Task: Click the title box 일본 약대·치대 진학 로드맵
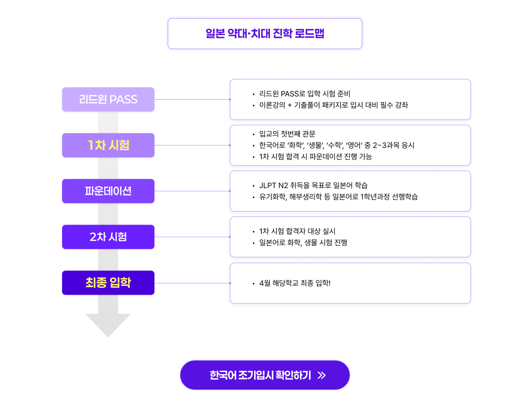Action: [x=265, y=33]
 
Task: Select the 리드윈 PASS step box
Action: [x=108, y=100]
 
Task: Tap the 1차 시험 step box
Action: [x=108, y=145]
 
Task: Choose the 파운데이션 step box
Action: [x=108, y=191]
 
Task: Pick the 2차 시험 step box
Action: [x=108, y=237]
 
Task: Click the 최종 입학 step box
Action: [x=108, y=283]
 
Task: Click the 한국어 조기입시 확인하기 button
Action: [x=265, y=375]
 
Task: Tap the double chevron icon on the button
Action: [x=321, y=375]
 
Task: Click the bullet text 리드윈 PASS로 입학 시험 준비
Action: [x=304, y=94]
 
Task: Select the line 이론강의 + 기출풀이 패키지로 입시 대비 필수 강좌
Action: [x=333, y=105]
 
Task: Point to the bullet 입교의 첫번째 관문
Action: [x=287, y=134]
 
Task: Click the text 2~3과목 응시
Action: [x=393, y=145]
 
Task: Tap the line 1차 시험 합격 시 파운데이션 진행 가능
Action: [x=315, y=156]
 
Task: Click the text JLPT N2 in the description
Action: [x=273, y=185]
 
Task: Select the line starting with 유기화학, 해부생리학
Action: [x=338, y=197]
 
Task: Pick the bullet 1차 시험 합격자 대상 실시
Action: [x=297, y=231]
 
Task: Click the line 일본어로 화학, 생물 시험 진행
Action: [x=303, y=242]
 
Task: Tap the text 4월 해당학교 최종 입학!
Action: [x=295, y=283]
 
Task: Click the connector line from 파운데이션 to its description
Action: [x=192, y=191]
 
